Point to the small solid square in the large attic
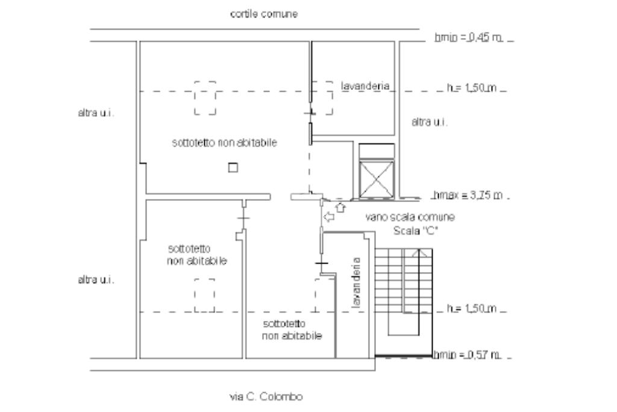click(233, 168)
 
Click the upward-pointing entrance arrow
click(340, 208)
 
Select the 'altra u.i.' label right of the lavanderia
click(428, 122)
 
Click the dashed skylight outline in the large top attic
click(205, 98)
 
